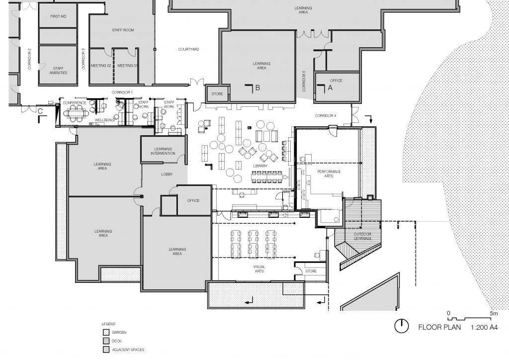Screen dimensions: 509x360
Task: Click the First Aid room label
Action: tap(58, 16)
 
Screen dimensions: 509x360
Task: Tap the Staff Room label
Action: tap(123, 30)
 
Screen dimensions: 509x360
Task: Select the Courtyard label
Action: tap(188, 49)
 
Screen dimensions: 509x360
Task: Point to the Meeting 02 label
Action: tap(101, 66)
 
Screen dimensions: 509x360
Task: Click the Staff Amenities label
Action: tap(59, 71)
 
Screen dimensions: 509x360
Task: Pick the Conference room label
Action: tap(75, 103)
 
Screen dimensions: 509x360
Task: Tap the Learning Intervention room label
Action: tap(163, 151)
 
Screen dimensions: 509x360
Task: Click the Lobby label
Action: tap(167, 175)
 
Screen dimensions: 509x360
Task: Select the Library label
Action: tap(260, 166)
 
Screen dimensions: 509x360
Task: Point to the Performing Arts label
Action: tap(329, 174)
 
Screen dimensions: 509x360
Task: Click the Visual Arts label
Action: tap(259, 269)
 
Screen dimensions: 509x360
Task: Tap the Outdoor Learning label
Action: tap(362, 236)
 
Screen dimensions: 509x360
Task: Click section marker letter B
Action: tap(258, 88)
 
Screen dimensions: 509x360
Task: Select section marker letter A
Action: tap(331, 88)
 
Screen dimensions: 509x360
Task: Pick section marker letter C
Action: tap(40, 111)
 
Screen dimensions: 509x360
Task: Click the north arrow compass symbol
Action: tap(402, 326)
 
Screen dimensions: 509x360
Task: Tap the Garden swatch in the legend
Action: tap(106, 333)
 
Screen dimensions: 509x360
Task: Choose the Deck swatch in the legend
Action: tap(106, 341)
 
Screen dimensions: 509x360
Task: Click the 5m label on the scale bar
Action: tap(494, 314)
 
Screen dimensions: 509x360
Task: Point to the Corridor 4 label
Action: tap(326, 116)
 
